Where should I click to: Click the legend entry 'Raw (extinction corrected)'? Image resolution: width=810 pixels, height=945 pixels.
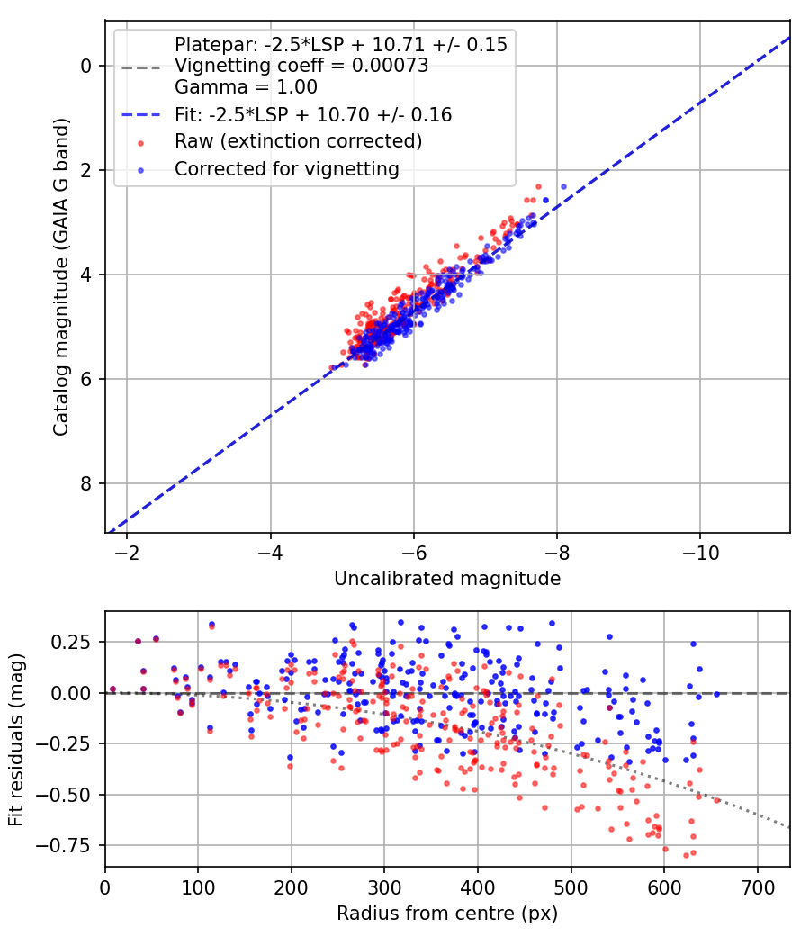(298, 141)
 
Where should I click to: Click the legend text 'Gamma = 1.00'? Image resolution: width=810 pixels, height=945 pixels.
(246, 87)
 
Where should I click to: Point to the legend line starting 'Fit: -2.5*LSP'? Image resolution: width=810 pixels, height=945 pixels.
(312, 114)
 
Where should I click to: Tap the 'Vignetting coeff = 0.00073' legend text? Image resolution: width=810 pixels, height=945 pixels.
(301, 66)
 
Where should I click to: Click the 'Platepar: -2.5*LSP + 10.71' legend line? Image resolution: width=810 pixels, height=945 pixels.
(340, 44)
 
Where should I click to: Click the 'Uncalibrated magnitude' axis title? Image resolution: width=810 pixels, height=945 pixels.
(447, 579)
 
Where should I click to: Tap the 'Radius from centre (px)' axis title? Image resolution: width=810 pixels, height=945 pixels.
(447, 913)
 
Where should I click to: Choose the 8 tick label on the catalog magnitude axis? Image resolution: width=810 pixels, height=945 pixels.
(86, 483)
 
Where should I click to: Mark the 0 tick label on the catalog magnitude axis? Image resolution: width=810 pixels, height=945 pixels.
(86, 66)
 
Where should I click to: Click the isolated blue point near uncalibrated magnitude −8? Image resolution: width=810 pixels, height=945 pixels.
(563, 186)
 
